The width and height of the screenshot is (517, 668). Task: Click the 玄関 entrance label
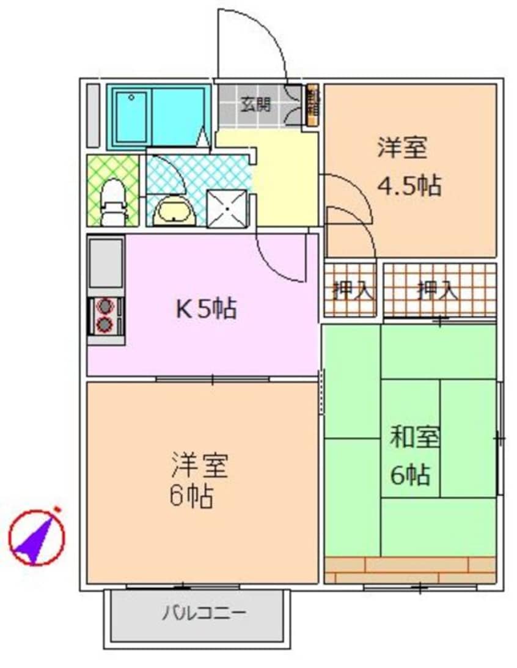coord(255,105)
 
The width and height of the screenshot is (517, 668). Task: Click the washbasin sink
coord(174,211)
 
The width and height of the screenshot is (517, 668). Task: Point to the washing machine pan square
coord(227,208)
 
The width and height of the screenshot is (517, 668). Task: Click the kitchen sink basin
coord(106,263)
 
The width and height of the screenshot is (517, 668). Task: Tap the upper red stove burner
coord(106,305)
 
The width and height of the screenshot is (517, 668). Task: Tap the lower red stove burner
coord(106,324)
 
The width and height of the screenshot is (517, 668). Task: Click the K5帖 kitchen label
coord(206,309)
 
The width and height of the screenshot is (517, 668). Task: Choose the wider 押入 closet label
coord(437,290)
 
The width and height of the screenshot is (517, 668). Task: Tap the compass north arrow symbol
coord(37,538)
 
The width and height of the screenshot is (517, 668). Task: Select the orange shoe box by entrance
coord(312,105)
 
